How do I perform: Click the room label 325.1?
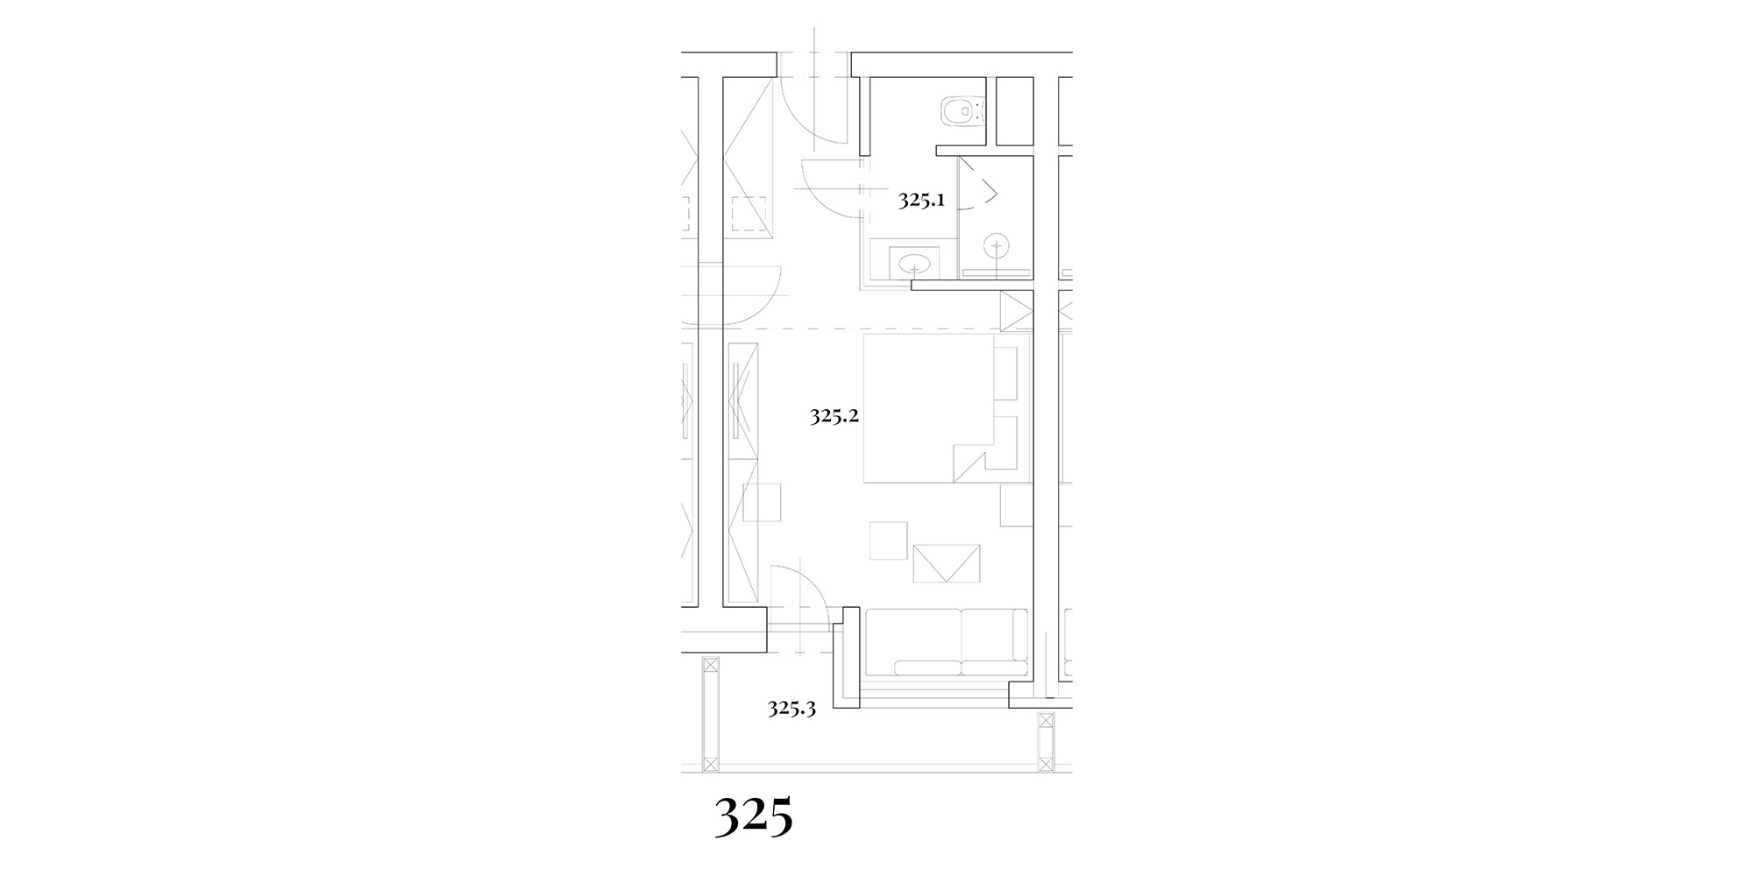click(x=921, y=201)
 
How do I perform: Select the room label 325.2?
click(x=834, y=416)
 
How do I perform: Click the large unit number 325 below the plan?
click(x=754, y=816)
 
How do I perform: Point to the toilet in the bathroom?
click(x=962, y=111)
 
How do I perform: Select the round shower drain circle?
click(x=996, y=245)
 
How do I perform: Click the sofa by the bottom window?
click(x=947, y=642)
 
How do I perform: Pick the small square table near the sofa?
click(x=889, y=540)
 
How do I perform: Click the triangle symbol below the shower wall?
click(x=1015, y=312)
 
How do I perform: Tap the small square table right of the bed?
click(x=1017, y=505)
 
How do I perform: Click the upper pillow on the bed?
click(x=1005, y=372)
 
